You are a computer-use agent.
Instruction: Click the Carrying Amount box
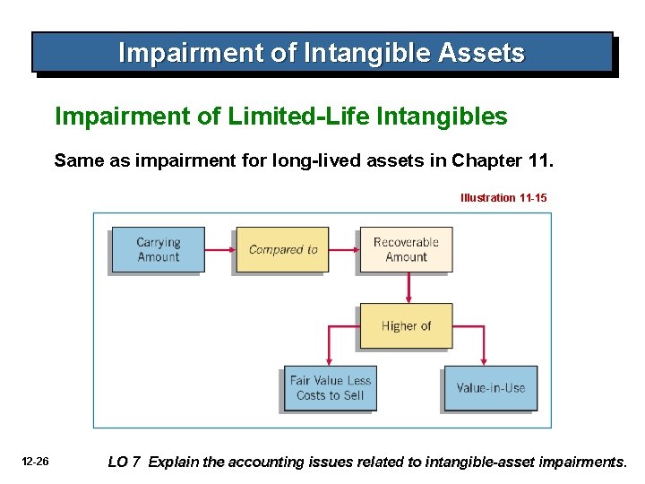click(158, 249)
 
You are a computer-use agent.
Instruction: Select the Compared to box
click(282, 249)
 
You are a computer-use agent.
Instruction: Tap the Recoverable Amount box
click(406, 249)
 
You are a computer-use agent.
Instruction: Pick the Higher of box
click(406, 326)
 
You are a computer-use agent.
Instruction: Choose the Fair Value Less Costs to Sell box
click(330, 388)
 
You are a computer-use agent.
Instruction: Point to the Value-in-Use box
click(490, 388)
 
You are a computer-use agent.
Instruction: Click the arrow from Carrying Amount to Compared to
click(219, 249)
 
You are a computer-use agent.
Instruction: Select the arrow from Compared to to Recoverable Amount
click(343, 249)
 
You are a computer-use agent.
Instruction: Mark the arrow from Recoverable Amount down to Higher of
click(408, 288)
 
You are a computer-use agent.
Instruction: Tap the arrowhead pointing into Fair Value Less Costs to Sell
click(329, 359)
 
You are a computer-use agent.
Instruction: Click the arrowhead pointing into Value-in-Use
click(485, 359)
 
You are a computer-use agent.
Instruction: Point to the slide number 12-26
click(36, 462)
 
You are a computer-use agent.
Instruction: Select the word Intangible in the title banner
click(375, 54)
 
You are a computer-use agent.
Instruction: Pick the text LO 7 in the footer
click(124, 462)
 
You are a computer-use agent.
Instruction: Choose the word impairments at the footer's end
click(581, 462)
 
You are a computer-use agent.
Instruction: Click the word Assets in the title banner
click(482, 54)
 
